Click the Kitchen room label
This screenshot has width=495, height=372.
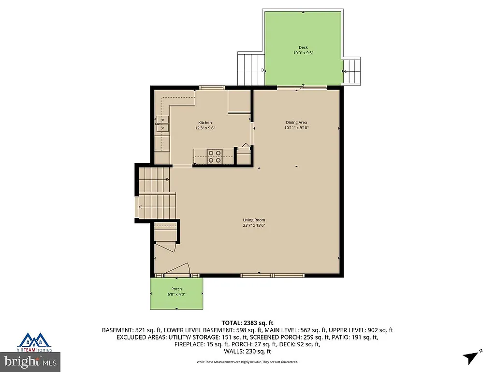pos(204,123)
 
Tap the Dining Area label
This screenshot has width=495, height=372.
pos(296,122)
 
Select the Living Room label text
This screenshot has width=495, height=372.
pos(254,220)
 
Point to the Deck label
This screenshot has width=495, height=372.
pos(303,47)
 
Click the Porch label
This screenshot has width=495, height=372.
pos(176,289)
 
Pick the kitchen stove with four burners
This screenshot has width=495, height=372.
pos(215,156)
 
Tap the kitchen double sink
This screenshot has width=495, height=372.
pos(162,124)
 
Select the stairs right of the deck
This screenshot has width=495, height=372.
pos(351,71)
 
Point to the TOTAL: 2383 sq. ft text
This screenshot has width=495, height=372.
pos(247,323)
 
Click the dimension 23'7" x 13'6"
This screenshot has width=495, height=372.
pos(254,225)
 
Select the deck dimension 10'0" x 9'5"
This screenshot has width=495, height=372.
pos(303,53)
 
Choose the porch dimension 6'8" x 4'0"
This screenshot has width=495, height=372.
pos(176,294)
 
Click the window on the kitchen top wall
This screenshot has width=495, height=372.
pos(212,88)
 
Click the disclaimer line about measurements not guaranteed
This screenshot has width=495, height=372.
pos(247,362)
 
